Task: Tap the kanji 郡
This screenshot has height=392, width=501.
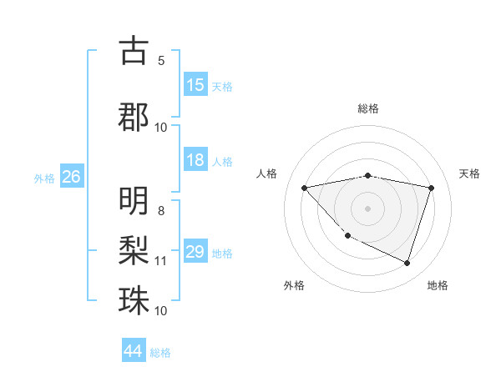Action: (x=134, y=116)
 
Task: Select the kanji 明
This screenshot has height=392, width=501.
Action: (x=134, y=201)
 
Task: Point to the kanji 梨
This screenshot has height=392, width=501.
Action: (x=134, y=249)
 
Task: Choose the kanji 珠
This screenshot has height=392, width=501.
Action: (x=134, y=299)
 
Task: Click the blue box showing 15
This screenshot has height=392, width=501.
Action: (x=195, y=85)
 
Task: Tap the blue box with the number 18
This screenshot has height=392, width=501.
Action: (x=195, y=160)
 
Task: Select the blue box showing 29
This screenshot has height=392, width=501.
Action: (x=195, y=252)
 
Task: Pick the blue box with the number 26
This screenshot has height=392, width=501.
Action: (x=72, y=177)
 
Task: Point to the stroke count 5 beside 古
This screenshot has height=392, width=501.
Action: (x=161, y=60)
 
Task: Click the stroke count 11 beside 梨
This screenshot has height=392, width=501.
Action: (x=161, y=261)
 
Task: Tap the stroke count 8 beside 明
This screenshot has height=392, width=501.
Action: (x=161, y=210)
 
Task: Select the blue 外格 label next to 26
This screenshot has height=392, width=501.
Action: (x=44, y=178)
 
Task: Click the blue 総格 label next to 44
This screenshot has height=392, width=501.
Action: (x=160, y=353)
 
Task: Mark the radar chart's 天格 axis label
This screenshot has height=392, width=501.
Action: (x=470, y=173)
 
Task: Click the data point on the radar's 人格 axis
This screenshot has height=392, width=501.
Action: (x=304, y=188)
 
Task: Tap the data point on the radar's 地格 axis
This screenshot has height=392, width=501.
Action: (x=407, y=263)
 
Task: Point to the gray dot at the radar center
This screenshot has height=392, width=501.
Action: (x=368, y=208)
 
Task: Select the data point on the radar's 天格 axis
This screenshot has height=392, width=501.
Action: (x=431, y=188)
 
